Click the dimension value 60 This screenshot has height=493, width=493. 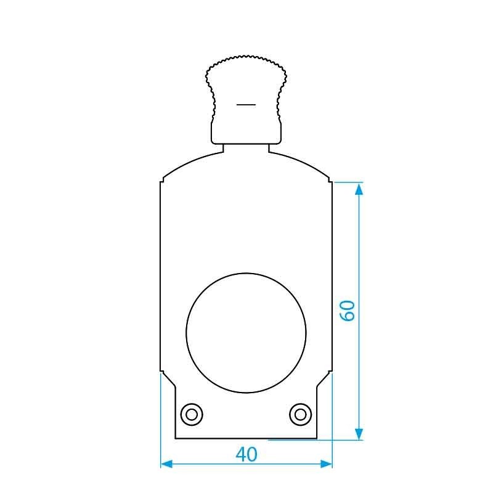(348, 310)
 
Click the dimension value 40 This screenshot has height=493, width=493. (246, 455)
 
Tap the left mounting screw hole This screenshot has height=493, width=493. (192, 414)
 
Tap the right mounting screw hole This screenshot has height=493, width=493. (300, 414)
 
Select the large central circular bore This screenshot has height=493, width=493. (246, 333)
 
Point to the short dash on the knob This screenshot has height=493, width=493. (246, 105)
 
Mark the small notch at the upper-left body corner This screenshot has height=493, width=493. (162, 181)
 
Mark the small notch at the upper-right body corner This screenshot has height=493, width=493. (330, 181)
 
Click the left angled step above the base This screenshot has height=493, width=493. (168, 378)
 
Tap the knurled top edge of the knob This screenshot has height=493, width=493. (246, 59)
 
